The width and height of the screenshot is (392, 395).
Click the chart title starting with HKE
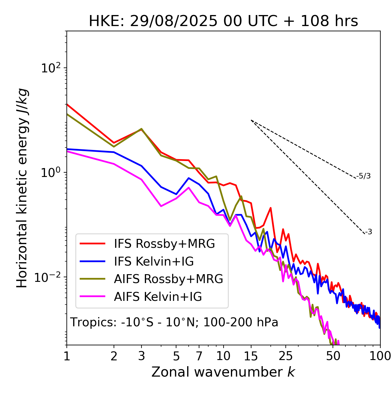pos(223,21)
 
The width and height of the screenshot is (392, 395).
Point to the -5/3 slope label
pos(364,176)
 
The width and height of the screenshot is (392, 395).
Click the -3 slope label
pos(368,232)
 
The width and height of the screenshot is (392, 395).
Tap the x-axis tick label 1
pos(67,356)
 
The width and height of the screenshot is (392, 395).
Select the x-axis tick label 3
pos(141,356)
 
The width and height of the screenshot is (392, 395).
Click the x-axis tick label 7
pos(199,356)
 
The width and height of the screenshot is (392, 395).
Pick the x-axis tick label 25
pos(286,356)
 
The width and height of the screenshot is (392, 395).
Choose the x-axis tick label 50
pos(333,356)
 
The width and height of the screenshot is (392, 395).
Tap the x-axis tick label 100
pos(380,356)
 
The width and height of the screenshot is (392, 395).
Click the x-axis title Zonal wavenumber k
pos(223,372)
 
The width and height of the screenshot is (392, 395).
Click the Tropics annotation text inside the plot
pos(174,323)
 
